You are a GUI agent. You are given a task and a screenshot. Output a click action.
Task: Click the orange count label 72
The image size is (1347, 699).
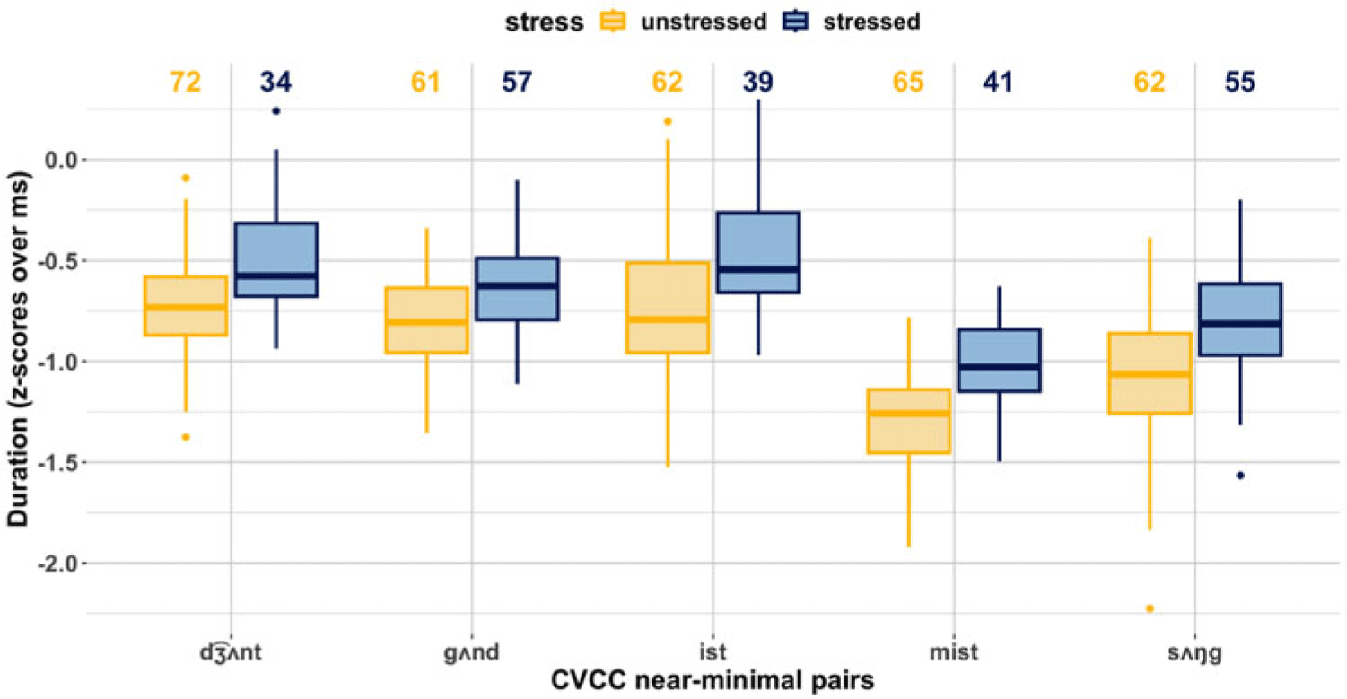pos(185,82)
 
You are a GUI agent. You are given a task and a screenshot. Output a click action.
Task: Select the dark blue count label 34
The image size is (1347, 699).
pos(276,82)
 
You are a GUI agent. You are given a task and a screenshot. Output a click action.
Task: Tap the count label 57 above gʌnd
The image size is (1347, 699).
pos(517,82)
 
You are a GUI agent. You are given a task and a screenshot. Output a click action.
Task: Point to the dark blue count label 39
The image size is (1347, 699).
pos(757,82)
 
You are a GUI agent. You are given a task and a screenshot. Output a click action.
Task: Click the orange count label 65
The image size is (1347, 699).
pos(908,82)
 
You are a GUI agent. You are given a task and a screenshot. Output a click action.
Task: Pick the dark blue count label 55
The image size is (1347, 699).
pos(1240,82)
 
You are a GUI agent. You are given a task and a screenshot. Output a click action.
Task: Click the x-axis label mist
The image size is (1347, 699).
pos(954,651)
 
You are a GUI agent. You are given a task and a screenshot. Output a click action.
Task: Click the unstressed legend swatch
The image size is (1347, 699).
pos(613,22)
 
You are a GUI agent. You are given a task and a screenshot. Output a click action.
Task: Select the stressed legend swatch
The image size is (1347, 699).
pos(796,22)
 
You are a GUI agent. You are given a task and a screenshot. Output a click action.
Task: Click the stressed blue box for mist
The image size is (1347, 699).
pos(1000,361)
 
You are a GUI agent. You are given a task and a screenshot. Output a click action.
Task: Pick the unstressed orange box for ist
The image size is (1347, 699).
pos(668,307)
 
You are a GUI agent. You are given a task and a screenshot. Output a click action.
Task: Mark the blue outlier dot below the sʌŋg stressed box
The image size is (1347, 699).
pos(1240,476)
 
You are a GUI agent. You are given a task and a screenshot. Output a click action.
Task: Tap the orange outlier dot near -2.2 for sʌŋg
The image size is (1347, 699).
pos(1150,608)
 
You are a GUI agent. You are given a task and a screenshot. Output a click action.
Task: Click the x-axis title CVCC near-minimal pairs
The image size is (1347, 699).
pos(713,681)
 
